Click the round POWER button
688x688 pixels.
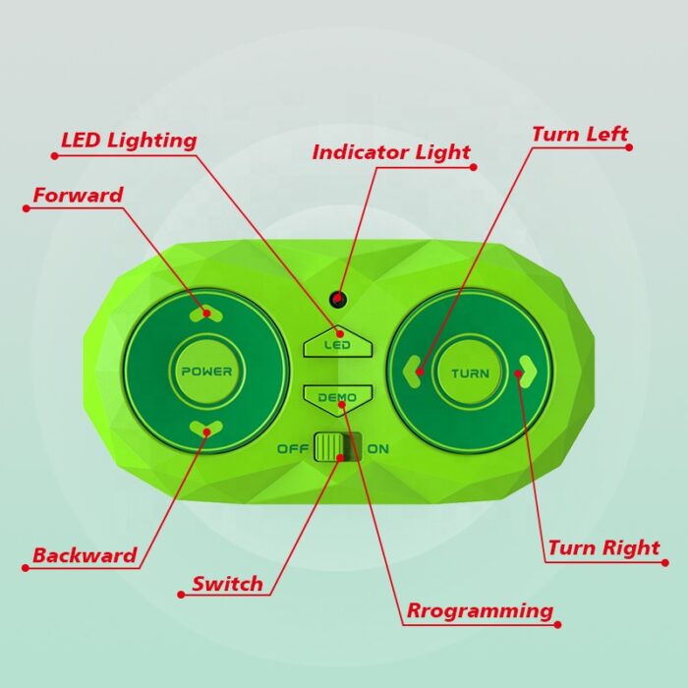click(x=206, y=372)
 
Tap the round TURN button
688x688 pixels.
click(x=470, y=373)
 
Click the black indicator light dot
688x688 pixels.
click(x=337, y=299)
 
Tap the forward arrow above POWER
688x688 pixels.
click(x=206, y=314)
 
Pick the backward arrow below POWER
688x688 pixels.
click(x=206, y=428)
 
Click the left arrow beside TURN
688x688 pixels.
click(x=413, y=372)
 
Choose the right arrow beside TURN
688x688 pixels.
click(x=528, y=373)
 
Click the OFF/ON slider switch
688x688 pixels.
click(x=337, y=447)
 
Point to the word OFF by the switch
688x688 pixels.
click(x=293, y=449)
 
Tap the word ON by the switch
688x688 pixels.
click(x=377, y=449)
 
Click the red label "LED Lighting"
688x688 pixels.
click(x=129, y=141)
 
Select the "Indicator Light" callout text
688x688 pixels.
click(x=391, y=151)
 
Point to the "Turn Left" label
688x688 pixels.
click(x=580, y=134)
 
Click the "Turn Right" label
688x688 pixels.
click(x=603, y=547)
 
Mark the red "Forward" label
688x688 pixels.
click(x=78, y=195)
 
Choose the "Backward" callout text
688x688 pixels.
click(x=85, y=555)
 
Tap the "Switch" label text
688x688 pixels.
click(x=227, y=584)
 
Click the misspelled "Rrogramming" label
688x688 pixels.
click(x=480, y=610)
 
